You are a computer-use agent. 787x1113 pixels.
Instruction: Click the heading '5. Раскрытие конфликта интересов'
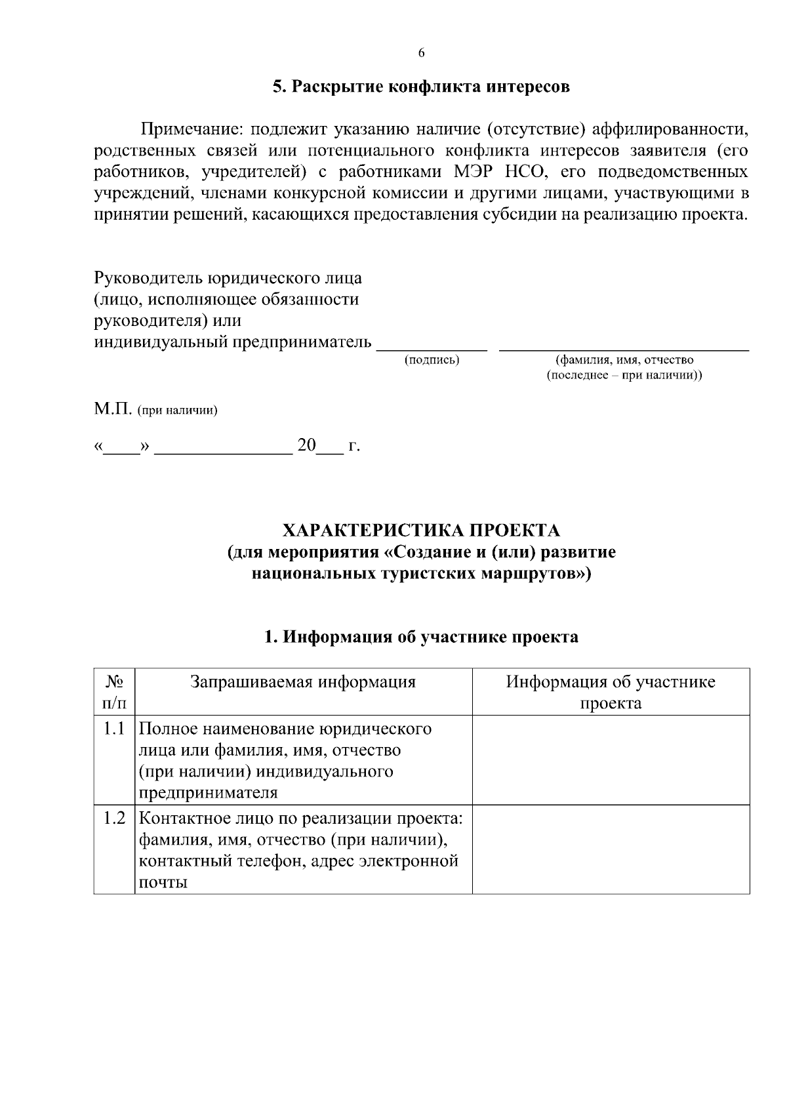tap(421, 87)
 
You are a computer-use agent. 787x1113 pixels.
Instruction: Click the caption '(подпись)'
tap(432, 360)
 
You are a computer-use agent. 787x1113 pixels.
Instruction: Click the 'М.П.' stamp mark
tap(113, 410)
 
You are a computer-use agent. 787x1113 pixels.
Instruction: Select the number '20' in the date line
tap(306, 446)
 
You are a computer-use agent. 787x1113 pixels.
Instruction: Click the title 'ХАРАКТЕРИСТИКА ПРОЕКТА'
tap(421, 530)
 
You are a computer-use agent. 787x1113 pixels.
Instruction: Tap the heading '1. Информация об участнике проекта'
tap(421, 637)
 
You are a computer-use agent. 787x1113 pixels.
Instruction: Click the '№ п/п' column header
tap(114, 692)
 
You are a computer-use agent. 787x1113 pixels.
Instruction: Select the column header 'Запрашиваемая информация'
tap(303, 682)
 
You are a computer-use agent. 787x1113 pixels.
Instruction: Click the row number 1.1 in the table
tap(114, 729)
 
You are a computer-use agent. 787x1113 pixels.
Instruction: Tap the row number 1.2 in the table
tap(114, 819)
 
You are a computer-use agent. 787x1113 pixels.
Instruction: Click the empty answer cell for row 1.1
tap(611, 759)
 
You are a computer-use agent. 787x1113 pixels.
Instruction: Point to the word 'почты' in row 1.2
tap(163, 883)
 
